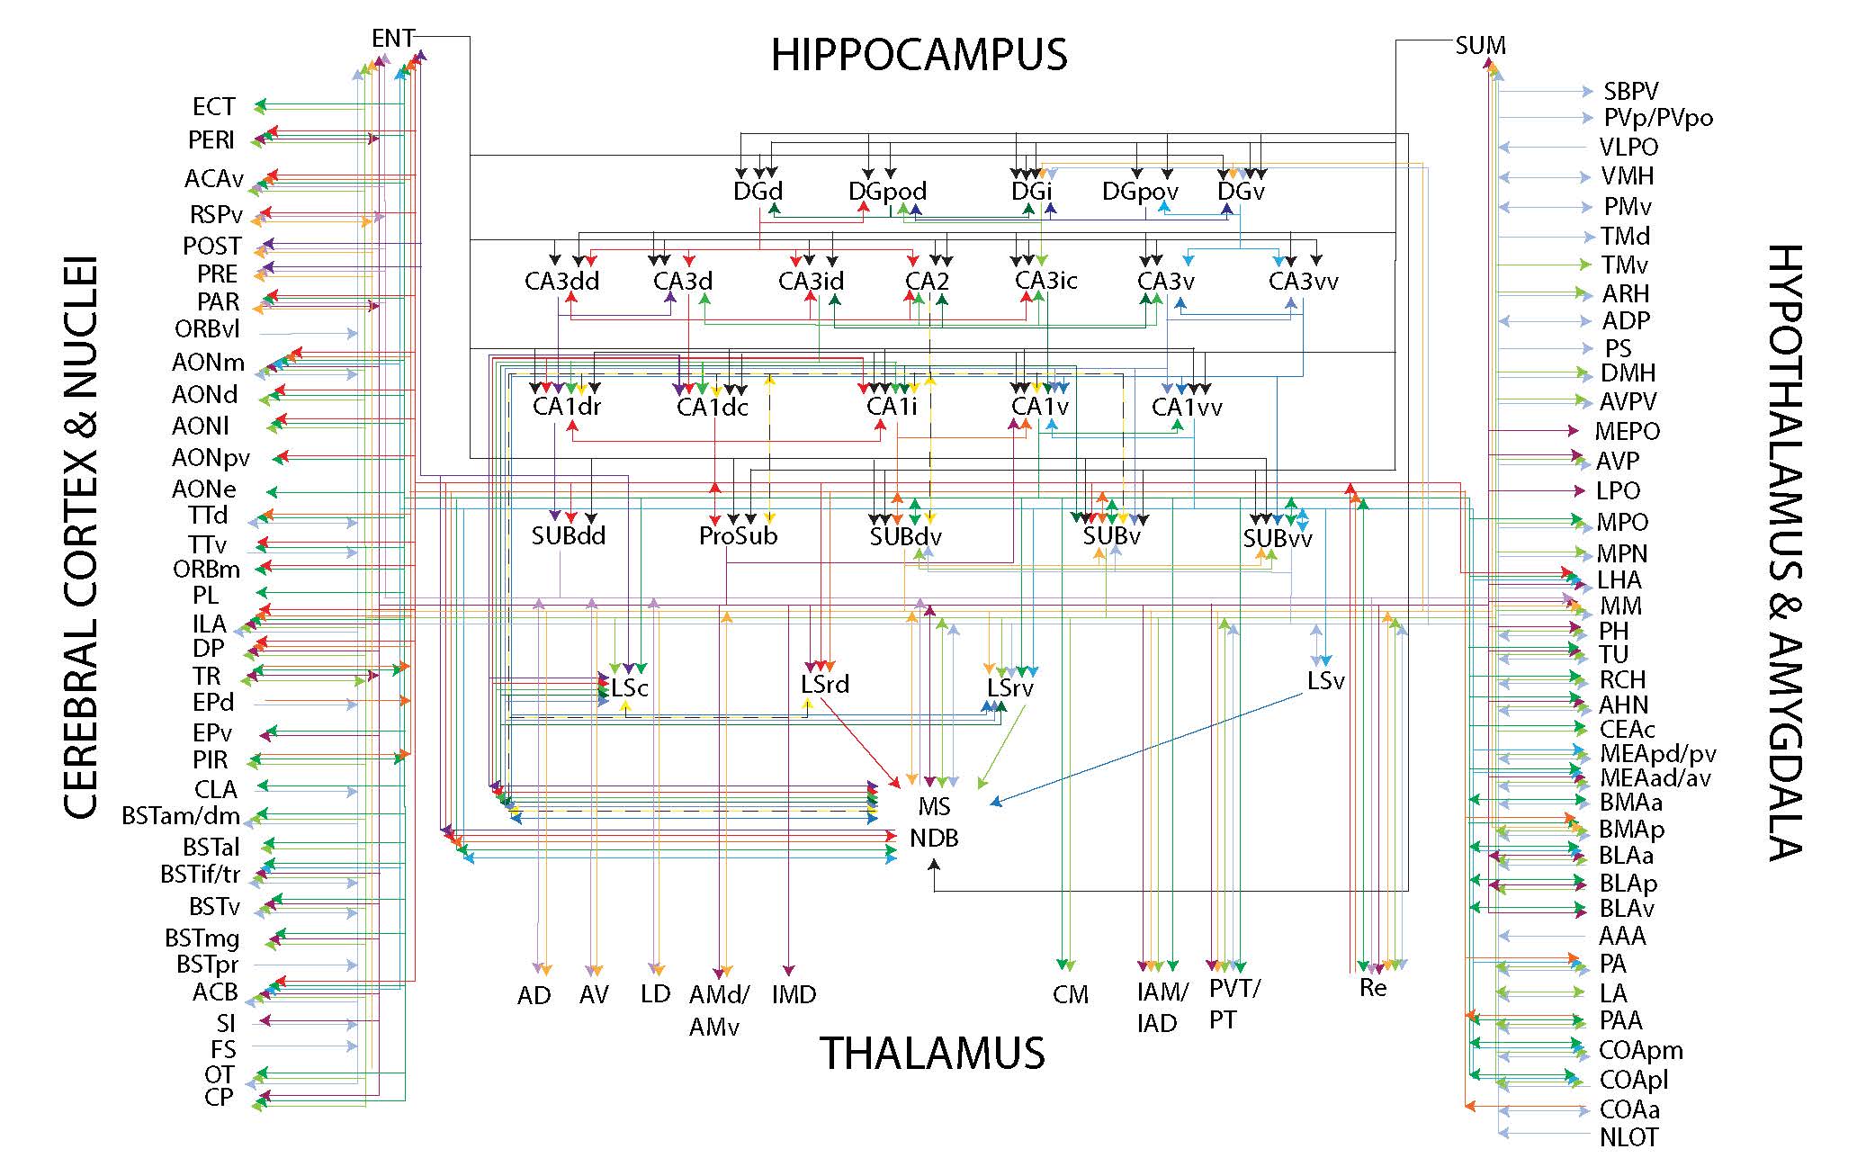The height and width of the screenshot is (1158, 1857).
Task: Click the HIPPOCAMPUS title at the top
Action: (x=919, y=55)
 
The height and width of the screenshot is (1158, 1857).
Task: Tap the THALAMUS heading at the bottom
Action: (x=931, y=1053)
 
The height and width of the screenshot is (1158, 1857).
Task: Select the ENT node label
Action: (x=392, y=38)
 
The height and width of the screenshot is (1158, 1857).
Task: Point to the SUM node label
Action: (x=1480, y=45)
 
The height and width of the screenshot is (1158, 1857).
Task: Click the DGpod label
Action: (x=887, y=191)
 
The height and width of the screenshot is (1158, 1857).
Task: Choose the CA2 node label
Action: (x=927, y=281)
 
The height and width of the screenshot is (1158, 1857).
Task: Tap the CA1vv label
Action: (x=1187, y=407)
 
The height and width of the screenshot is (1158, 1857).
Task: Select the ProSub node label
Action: (x=738, y=536)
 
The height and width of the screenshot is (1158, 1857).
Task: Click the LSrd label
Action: (x=824, y=684)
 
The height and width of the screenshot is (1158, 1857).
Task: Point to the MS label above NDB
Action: (x=935, y=806)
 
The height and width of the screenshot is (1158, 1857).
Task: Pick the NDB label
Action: (x=934, y=838)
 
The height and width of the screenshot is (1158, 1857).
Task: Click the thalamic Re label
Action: (x=1373, y=988)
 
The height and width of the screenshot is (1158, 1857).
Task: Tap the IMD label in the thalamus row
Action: (x=794, y=994)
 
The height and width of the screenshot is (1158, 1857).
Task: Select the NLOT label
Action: (x=1628, y=1137)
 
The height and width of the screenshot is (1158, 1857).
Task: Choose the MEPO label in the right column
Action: (x=1627, y=431)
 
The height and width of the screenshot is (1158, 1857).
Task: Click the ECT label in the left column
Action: (x=213, y=106)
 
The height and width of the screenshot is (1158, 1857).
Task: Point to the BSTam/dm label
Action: (x=181, y=816)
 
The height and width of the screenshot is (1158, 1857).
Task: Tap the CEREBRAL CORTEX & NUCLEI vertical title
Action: (x=81, y=540)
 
